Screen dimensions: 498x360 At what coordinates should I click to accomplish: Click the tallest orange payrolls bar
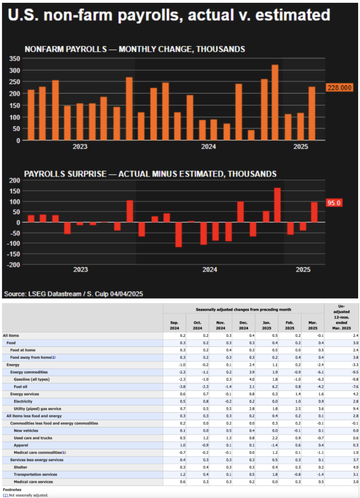(x=275, y=102)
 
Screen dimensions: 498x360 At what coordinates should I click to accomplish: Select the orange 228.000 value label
(x=339, y=88)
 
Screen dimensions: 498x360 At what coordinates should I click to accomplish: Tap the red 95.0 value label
(x=334, y=203)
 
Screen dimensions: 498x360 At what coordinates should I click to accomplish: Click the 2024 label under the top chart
(x=209, y=147)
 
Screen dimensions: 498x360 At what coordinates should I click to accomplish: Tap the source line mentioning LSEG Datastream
(x=73, y=294)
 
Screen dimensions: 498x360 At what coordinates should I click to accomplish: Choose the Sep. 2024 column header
(x=174, y=325)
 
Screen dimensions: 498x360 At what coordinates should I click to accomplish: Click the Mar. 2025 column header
(x=313, y=325)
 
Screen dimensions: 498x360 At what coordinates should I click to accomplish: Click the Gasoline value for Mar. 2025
(x=313, y=379)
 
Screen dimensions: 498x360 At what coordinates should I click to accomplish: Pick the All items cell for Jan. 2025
(x=266, y=335)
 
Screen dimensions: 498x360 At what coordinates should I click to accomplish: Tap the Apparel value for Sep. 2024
(x=174, y=445)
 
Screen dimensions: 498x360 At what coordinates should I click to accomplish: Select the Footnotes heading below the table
(x=12, y=490)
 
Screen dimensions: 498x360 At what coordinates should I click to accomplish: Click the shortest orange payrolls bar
(x=251, y=135)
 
